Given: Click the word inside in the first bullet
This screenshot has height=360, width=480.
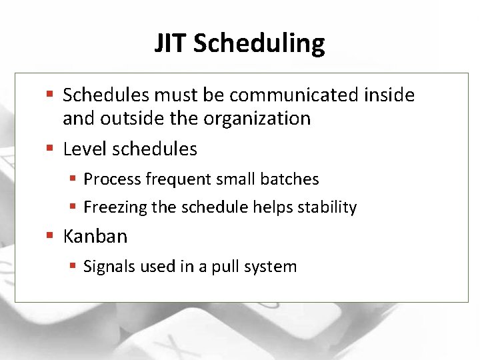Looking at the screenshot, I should (389, 95).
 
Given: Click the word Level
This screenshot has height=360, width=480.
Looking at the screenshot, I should (85, 149).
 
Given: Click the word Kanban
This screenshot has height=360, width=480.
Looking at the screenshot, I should (95, 237).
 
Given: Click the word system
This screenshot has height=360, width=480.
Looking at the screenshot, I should (270, 267).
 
